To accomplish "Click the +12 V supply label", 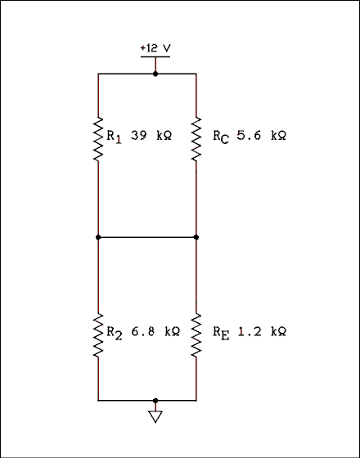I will point(155,48).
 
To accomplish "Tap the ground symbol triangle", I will point(155,417).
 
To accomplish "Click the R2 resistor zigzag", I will point(98,335).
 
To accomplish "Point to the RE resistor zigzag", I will point(196,335).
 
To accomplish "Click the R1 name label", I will point(114,137).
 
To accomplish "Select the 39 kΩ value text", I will point(151,136).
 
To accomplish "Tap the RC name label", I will point(220,137).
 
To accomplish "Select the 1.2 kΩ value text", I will point(261,332).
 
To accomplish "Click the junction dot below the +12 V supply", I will point(155,74).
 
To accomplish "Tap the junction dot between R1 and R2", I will point(98,237).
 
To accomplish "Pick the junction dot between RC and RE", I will point(196,237).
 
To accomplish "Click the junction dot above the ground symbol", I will point(155,401).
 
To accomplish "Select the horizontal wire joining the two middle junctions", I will point(147,237).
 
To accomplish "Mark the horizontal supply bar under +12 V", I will point(155,56).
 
